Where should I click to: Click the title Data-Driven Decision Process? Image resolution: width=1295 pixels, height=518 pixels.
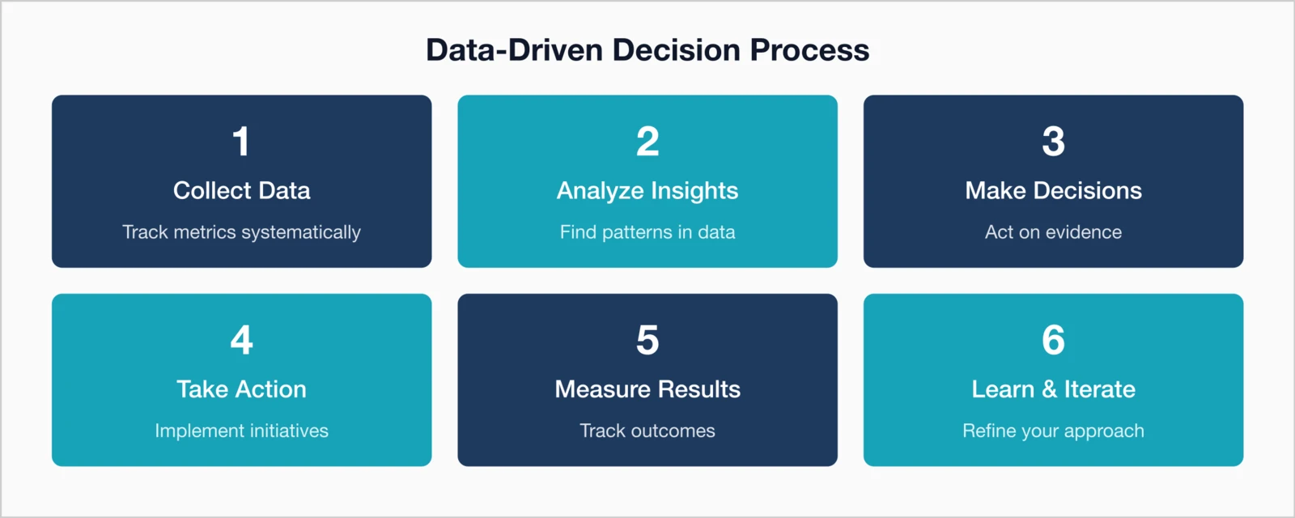pyautogui.click(x=647, y=50)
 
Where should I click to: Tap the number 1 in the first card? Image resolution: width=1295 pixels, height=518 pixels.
pyautogui.click(x=241, y=142)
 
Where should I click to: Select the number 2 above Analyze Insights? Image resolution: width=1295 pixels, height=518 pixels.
pyautogui.click(x=647, y=142)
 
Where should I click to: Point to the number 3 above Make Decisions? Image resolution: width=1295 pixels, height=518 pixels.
pyautogui.click(x=1053, y=142)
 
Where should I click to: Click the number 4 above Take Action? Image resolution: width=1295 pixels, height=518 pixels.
pyautogui.click(x=241, y=340)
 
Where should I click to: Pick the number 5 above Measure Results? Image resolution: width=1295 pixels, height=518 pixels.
pyautogui.click(x=647, y=340)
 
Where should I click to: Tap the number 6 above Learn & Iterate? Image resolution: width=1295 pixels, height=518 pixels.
pyautogui.click(x=1053, y=340)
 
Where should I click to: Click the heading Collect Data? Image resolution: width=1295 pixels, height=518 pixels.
pyautogui.click(x=241, y=190)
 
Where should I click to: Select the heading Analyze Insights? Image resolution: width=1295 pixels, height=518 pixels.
pyautogui.click(x=647, y=190)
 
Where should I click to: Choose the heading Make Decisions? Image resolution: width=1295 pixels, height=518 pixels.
pyautogui.click(x=1053, y=190)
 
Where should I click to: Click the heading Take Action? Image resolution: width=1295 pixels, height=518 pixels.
pyautogui.click(x=241, y=389)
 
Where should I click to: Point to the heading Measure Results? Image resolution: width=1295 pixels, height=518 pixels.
pyautogui.click(x=647, y=389)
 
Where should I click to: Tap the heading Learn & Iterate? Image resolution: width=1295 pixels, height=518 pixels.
pyautogui.click(x=1053, y=389)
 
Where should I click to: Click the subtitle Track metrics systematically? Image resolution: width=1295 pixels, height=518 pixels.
pyautogui.click(x=241, y=232)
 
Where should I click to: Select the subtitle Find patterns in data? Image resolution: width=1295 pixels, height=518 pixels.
pyautogui.click(x=647, y=232)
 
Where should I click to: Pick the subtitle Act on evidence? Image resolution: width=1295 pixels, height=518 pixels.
pyautogui.click(x=1053, y=232)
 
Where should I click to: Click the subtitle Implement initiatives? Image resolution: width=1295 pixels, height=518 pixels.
pyautogui.click(x=241, y=431)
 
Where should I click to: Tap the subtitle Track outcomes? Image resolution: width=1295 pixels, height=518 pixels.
pyautogui.click(x=647, y=431)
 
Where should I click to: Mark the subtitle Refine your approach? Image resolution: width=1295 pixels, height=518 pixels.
pyautogui.click(x=1053, y=431)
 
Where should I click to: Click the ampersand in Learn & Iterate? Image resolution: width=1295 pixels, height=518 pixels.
pyautogui.click(x=1050, y=389)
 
